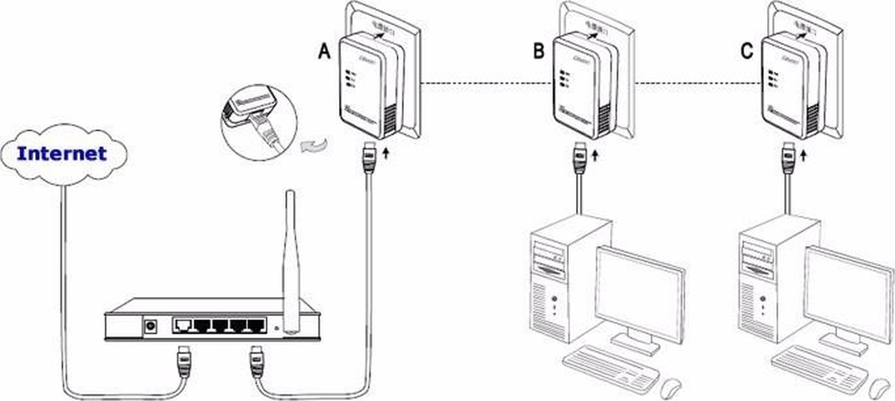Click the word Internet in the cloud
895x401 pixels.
(62, 154)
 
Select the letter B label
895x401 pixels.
(538, 51)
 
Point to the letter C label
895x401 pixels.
(747, 51)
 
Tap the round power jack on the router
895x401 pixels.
(152, 324)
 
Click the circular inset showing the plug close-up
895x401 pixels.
(258, 123)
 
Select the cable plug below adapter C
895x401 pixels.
(788, 158)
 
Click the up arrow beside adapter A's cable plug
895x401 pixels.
(387, 153)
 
